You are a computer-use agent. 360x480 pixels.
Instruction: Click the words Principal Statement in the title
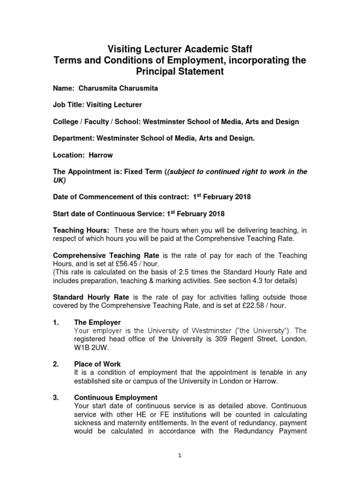click(x=180, y=72)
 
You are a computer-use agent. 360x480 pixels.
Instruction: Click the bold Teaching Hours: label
click(x=81, y=230)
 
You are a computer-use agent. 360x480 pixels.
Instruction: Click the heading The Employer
click(x=97, y=322)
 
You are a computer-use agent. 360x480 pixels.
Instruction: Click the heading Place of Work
click(x=97, y=364)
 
